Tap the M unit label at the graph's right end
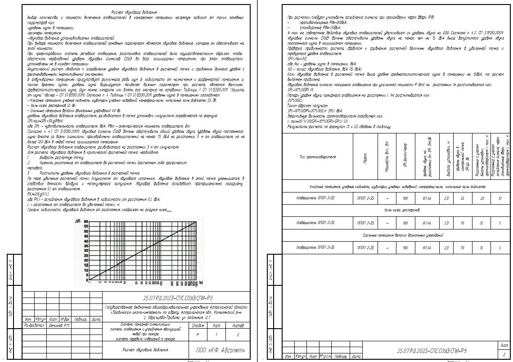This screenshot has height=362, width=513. click(201, 282)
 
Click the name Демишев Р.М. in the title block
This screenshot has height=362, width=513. click(59, 325)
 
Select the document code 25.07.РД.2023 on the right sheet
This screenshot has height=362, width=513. click(432, 351)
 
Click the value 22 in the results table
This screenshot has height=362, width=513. click(482, 198)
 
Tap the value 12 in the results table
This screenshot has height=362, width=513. click(500, 198)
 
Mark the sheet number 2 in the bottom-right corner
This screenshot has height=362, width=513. click(504, 354)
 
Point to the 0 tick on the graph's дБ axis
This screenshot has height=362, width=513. click(86, 278)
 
